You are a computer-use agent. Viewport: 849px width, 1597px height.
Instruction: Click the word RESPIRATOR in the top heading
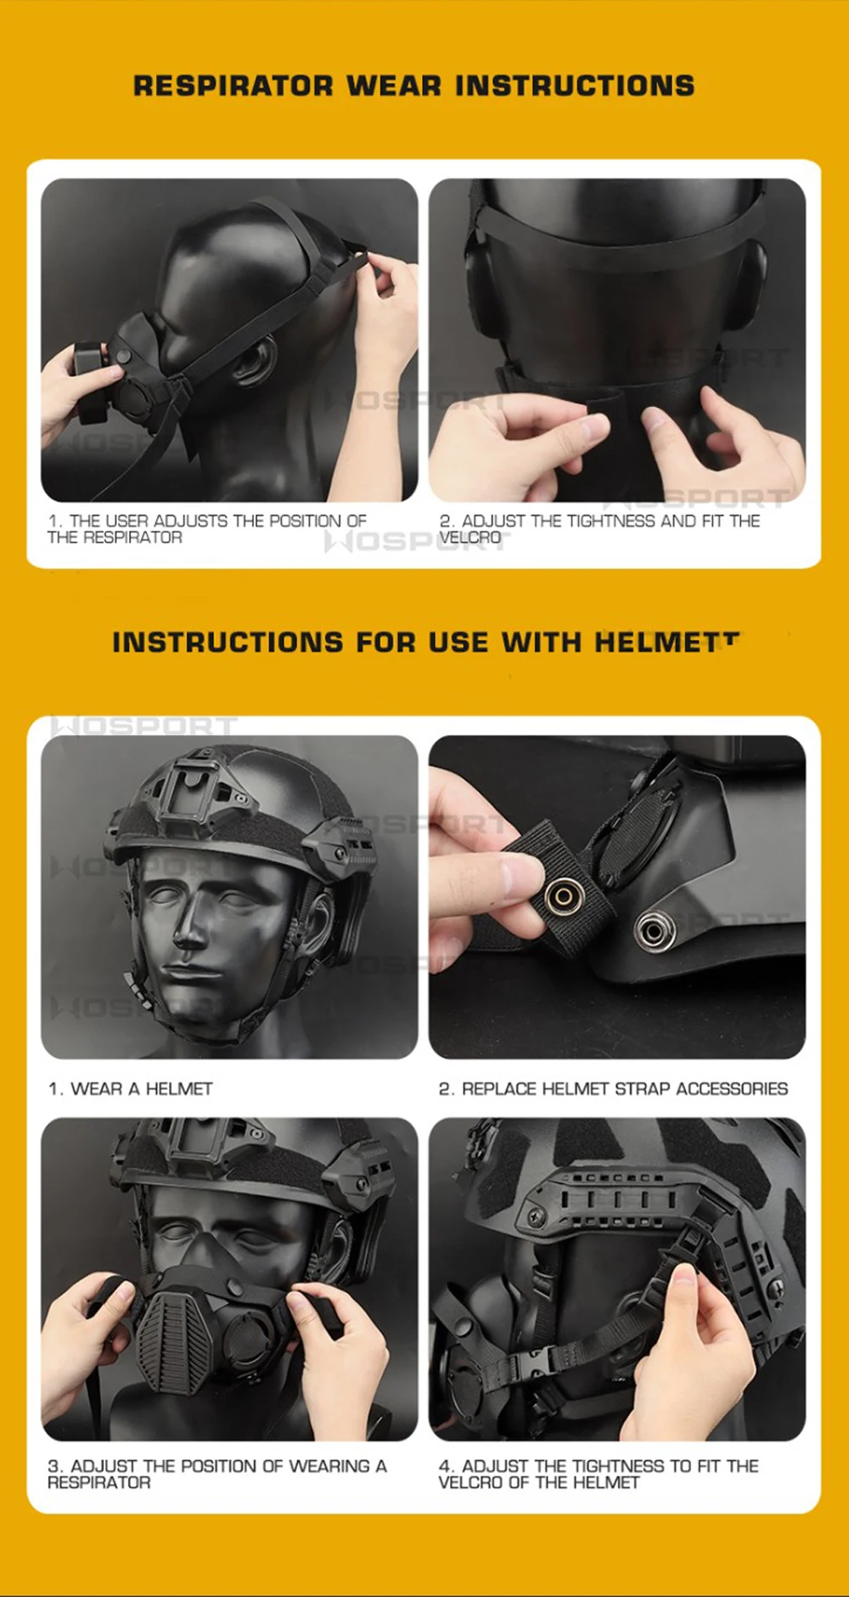pos(233,86)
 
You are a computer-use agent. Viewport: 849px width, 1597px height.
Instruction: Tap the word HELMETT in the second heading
pos(667,642)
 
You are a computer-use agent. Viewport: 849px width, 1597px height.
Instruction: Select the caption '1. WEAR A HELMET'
pos(131,1088)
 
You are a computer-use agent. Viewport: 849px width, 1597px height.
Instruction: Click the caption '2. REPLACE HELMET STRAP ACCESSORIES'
pos(613,1088)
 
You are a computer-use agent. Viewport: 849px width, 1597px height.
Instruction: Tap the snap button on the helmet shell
pos(654,931)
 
